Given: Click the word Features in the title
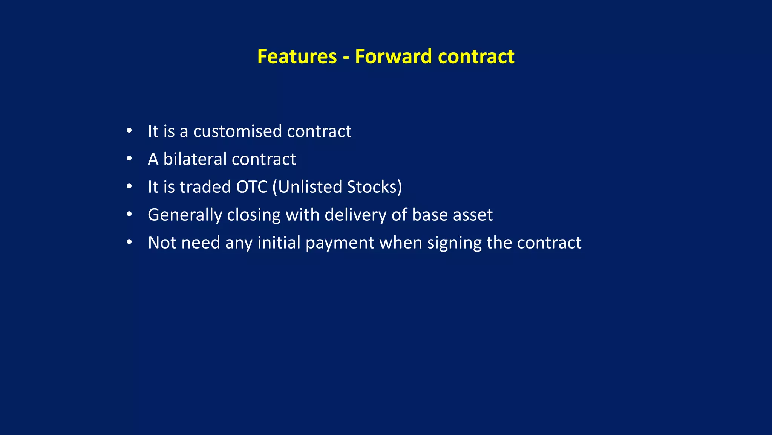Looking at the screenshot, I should [x=297, y=57].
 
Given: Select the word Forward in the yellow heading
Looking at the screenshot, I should [x=393, y=57].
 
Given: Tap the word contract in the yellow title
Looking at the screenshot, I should [x=476, y=57].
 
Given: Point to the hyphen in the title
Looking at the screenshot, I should [x=346, y=58].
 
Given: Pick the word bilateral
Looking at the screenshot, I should [x=195, y=159].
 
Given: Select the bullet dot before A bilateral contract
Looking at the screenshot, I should [x=129, y=159].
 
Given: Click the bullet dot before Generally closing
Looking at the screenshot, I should [x=129, y=215].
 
